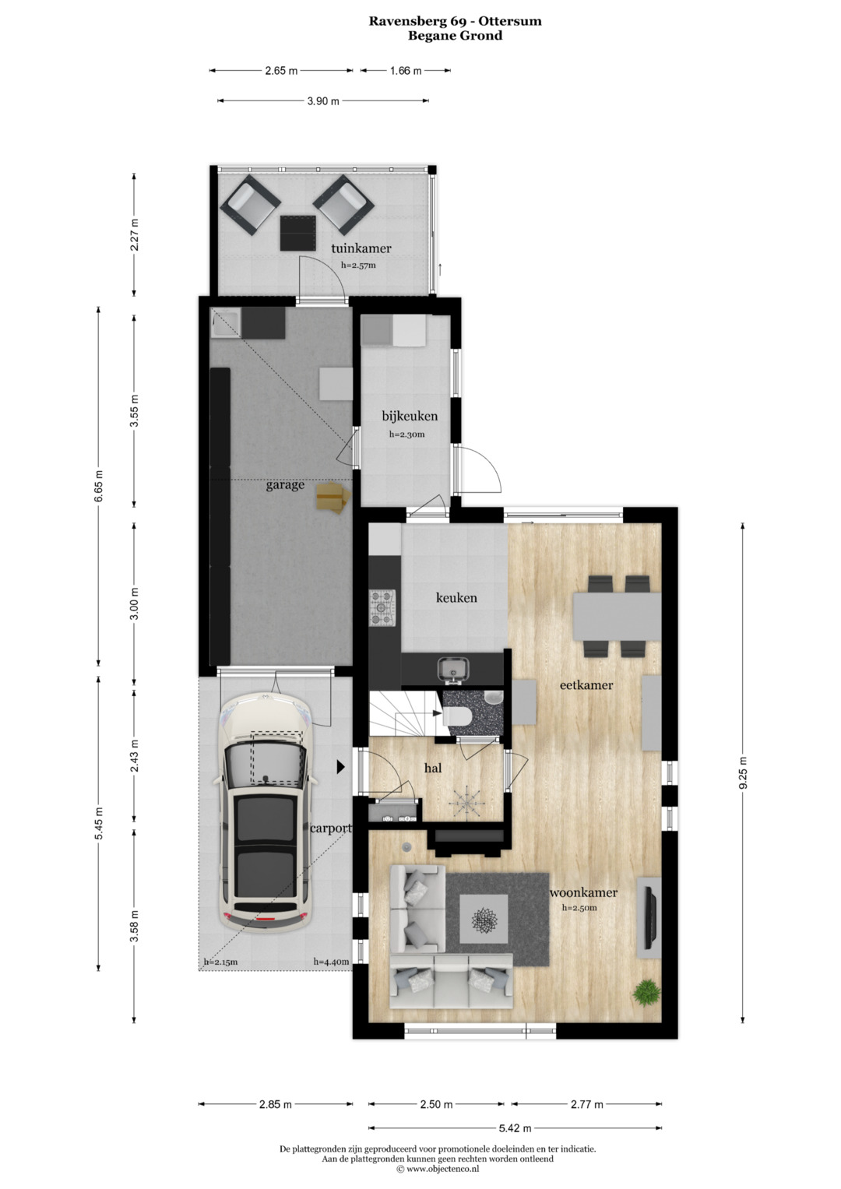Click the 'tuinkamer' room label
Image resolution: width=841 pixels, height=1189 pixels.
361,248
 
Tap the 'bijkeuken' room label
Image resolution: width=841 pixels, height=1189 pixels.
410,416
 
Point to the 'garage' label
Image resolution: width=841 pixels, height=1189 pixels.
285,485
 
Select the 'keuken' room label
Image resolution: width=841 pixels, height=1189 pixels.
456,598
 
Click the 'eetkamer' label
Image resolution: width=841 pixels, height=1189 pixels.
586,684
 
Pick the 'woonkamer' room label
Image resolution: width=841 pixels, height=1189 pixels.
583,892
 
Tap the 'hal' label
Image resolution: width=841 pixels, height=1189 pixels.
433,768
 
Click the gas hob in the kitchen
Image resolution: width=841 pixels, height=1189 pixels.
383,608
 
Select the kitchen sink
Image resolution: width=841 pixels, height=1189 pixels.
452,669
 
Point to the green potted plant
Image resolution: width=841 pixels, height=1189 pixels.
647,991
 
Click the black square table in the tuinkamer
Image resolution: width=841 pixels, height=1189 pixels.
297,233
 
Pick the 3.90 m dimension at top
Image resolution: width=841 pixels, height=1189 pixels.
323,101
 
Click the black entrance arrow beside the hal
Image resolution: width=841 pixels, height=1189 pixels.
341,766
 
